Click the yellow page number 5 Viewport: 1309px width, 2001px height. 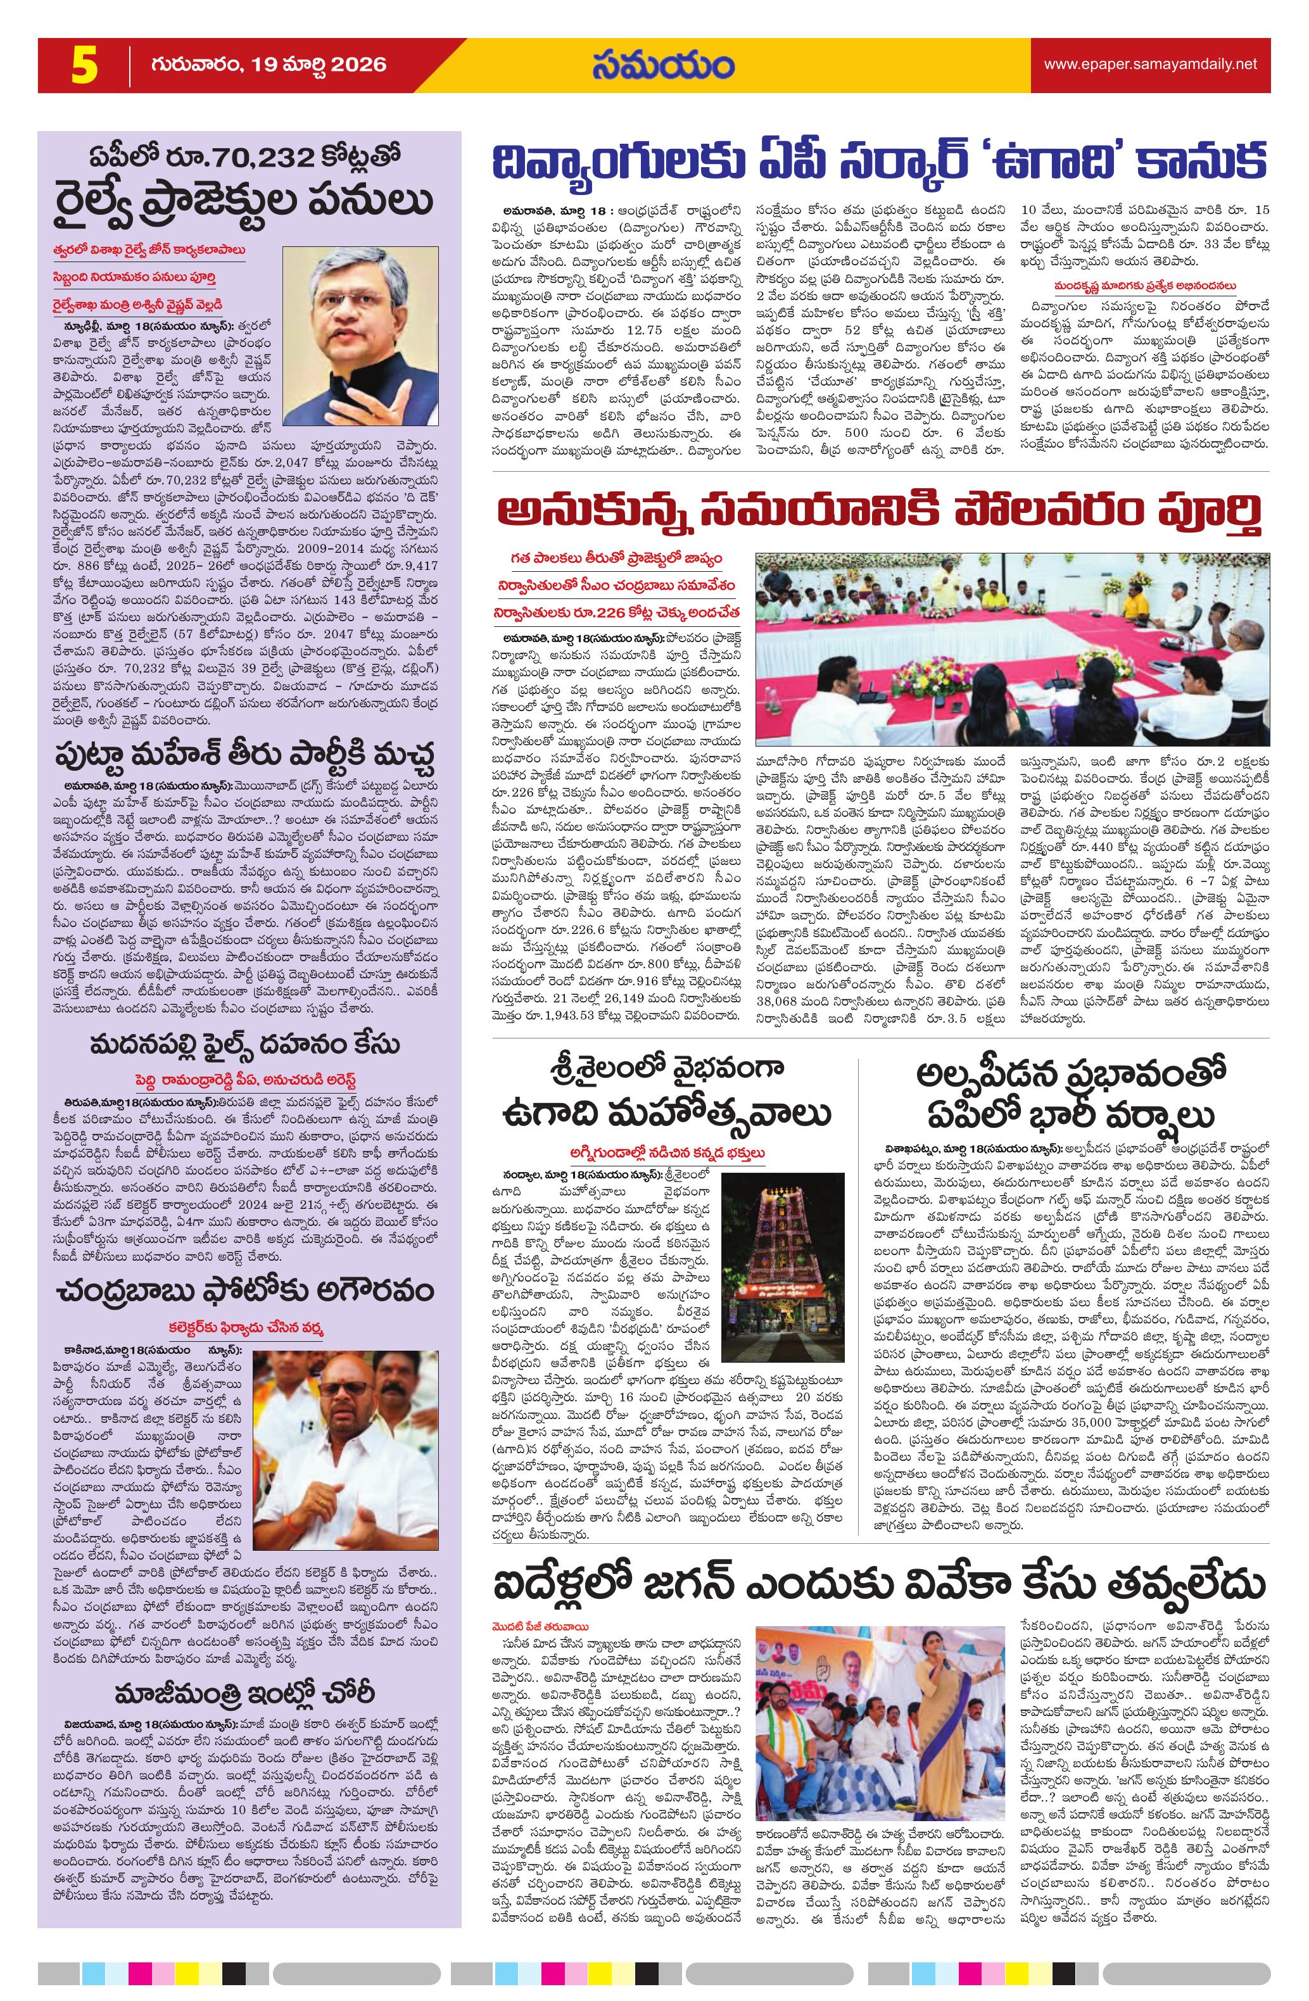pos(84,66)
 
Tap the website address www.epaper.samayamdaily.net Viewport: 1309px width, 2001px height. pos(1150,64)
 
